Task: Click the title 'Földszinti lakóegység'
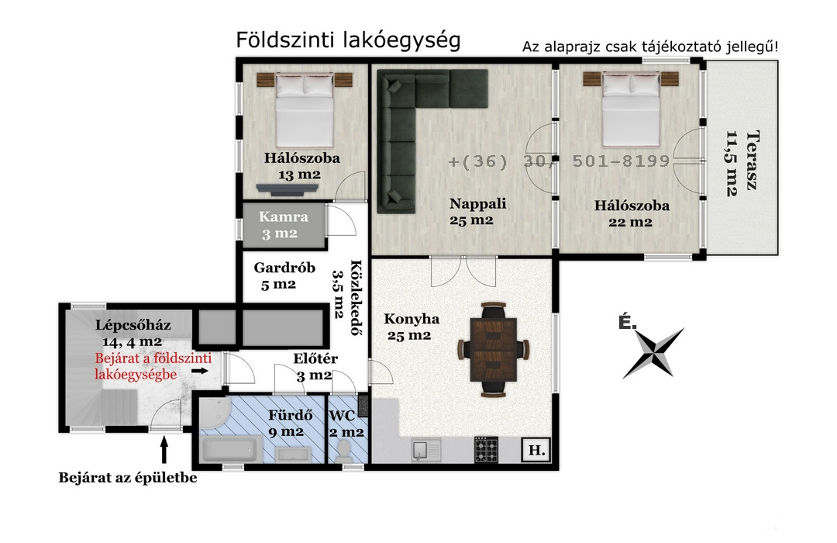(x=348, y=40)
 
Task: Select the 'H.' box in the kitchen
(x=536, y=450)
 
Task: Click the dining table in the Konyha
(x=494, y=350)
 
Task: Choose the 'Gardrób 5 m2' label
(x=284, y=276)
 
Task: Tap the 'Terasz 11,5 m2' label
(x=742, y=163)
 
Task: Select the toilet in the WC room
(x=343, y=451)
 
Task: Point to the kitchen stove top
(x=486, y=449)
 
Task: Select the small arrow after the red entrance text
(x=201, y=370)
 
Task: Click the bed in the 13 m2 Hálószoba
(x=305, y=111)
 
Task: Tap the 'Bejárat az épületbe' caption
(x=128, y=478)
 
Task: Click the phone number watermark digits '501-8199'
(x=621, y=161)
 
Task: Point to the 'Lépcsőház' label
(x=133, y=324)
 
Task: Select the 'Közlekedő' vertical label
(x=356, y=298)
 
